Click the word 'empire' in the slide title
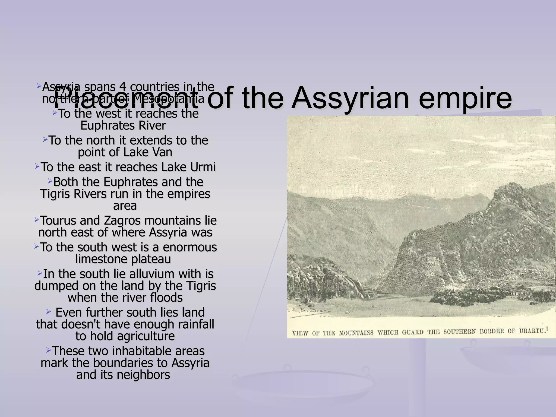click(x=465, y=98)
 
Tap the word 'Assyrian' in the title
click(x=350, y=98)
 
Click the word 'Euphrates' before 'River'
click(x=108, y=125)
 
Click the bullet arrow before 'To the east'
click(x=37, y=166)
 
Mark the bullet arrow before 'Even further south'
click(x=48, y=311)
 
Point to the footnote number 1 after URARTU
click(x=547, y=329)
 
